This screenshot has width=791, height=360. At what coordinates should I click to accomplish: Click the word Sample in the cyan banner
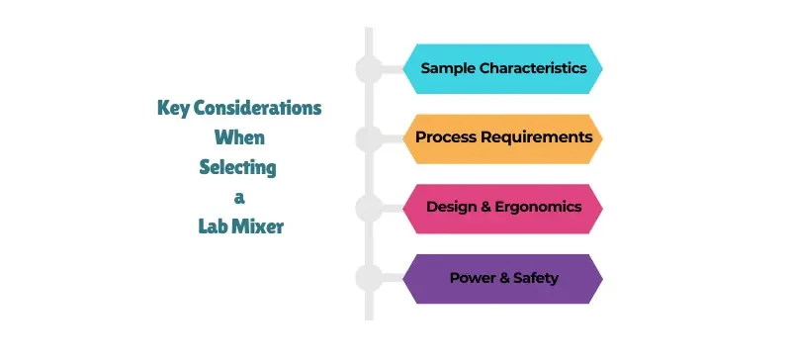[446, 69]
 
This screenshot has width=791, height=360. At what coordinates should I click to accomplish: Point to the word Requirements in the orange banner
[535, 137]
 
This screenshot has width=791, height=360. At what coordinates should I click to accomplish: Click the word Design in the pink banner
[450, 208]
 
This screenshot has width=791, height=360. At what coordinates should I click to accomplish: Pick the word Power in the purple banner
[472, 278]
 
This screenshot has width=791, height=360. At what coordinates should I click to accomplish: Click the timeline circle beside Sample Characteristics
[368, 69]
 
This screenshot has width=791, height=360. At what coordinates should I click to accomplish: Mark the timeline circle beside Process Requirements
[368, 138]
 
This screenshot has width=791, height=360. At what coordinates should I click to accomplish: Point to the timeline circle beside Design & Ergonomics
[368, 208]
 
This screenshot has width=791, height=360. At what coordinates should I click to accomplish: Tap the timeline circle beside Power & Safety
[368, 278]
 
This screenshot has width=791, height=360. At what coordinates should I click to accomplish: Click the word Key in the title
[175, 108]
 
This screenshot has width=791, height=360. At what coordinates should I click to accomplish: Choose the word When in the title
[239, 137]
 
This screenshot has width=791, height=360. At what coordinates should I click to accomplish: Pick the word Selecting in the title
[237, 167]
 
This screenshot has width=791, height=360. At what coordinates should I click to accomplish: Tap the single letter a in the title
[239, 197]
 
